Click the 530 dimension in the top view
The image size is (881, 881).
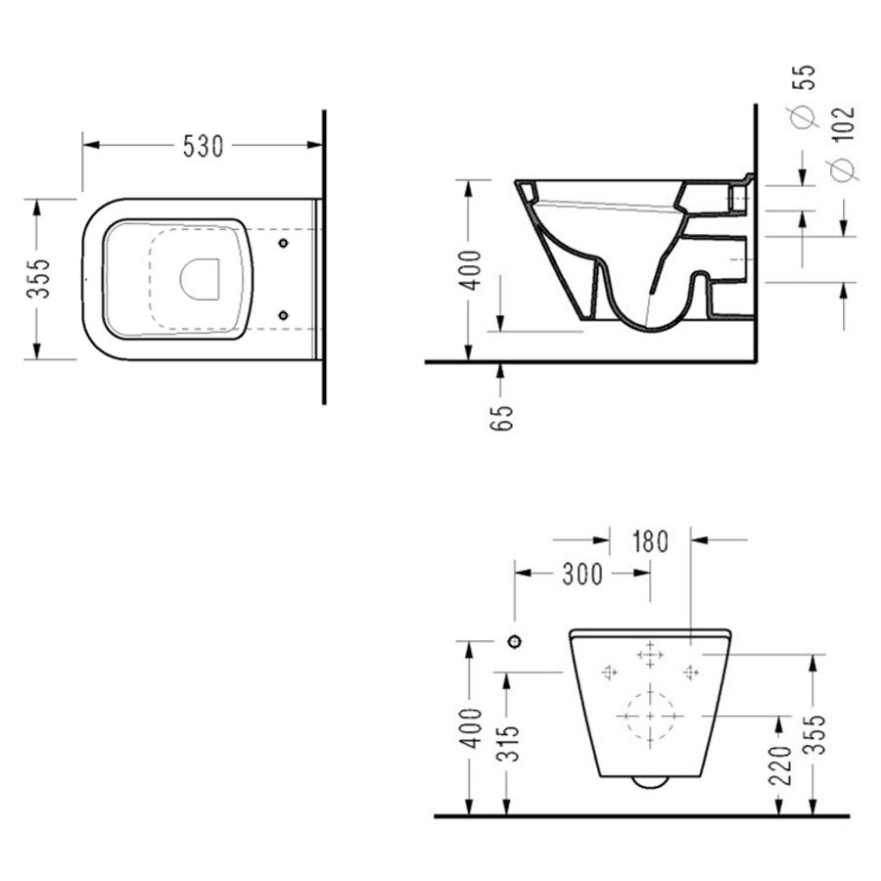[x=204, y=146]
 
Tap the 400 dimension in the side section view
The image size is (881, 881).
[x=471, y=270]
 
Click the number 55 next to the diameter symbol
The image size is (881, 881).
[x=809, y=83]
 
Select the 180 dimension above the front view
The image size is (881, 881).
[x=650, y=539]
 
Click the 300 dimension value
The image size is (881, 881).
[x=582, y=575]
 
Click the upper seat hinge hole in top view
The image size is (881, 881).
[x=283, y=242]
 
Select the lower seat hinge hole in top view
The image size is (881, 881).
[x=283, y=314]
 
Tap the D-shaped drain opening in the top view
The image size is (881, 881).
[x=202, y=278]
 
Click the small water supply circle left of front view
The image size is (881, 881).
[x=513, y=641]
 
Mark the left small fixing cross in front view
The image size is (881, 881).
[x=610, y=672]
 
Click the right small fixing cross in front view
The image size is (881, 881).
[x=690, y=672]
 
